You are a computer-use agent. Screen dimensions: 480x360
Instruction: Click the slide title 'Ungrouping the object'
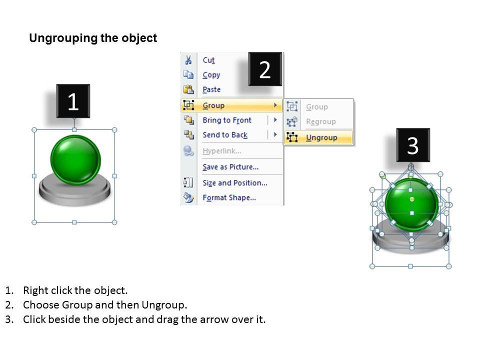[x=93, y=38]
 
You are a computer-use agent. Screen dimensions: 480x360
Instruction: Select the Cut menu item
[x=209, y=60]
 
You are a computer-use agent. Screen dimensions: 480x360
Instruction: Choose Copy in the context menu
[x=211, y=75]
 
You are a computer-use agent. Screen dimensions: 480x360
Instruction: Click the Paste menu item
[x=211, y=89]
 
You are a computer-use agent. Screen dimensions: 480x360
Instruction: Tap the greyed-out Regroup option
[x=321, y=121]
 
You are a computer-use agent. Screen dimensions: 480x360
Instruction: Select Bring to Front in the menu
[x=227, y=120]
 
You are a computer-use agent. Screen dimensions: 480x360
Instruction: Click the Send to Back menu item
[x=225, y=134]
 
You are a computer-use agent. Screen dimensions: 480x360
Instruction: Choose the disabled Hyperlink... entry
[x=222, y=151]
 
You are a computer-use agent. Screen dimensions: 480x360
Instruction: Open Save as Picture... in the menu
[x=230, y=167]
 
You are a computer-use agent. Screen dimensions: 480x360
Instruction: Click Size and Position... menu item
[x=235, y=183]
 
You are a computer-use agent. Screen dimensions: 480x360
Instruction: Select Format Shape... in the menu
[x=229, y=197]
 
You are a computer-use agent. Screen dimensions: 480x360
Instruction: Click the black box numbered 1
[x=73, y=101]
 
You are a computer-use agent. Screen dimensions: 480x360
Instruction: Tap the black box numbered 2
[x=265, y=69]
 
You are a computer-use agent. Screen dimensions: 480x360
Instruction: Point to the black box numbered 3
[x=413, y=145]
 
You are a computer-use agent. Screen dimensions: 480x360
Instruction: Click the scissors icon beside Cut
[x=188, y=60]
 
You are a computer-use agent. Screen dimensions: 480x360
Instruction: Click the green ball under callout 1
[x=75, y=160]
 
